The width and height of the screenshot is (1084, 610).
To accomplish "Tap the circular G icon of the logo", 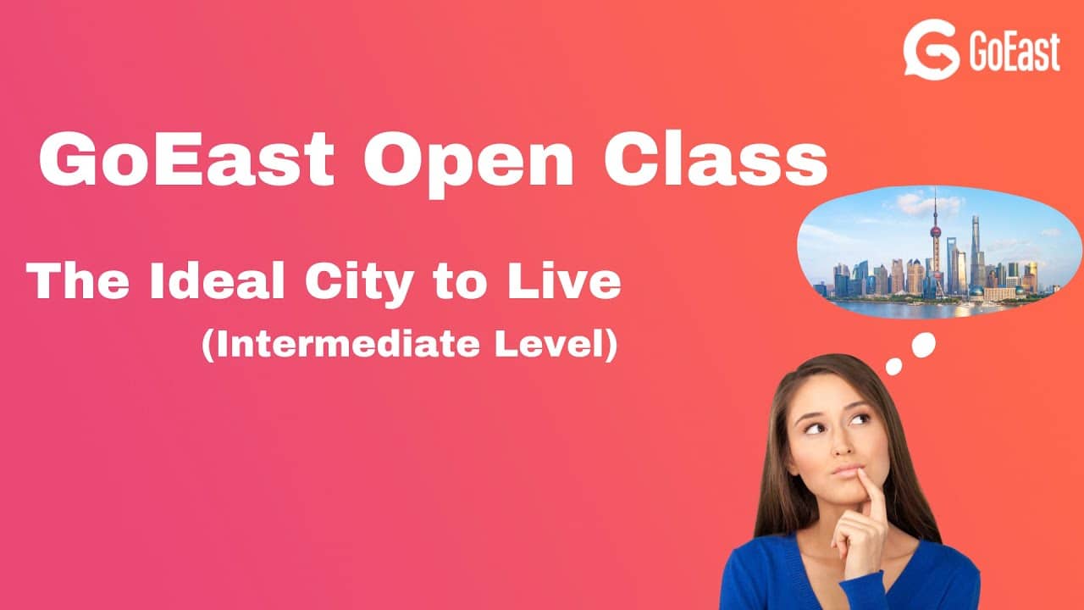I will (932, 51).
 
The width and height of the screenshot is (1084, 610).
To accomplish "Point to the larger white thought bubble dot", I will (923, 343).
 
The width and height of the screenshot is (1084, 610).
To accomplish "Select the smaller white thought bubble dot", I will (894, 366).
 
